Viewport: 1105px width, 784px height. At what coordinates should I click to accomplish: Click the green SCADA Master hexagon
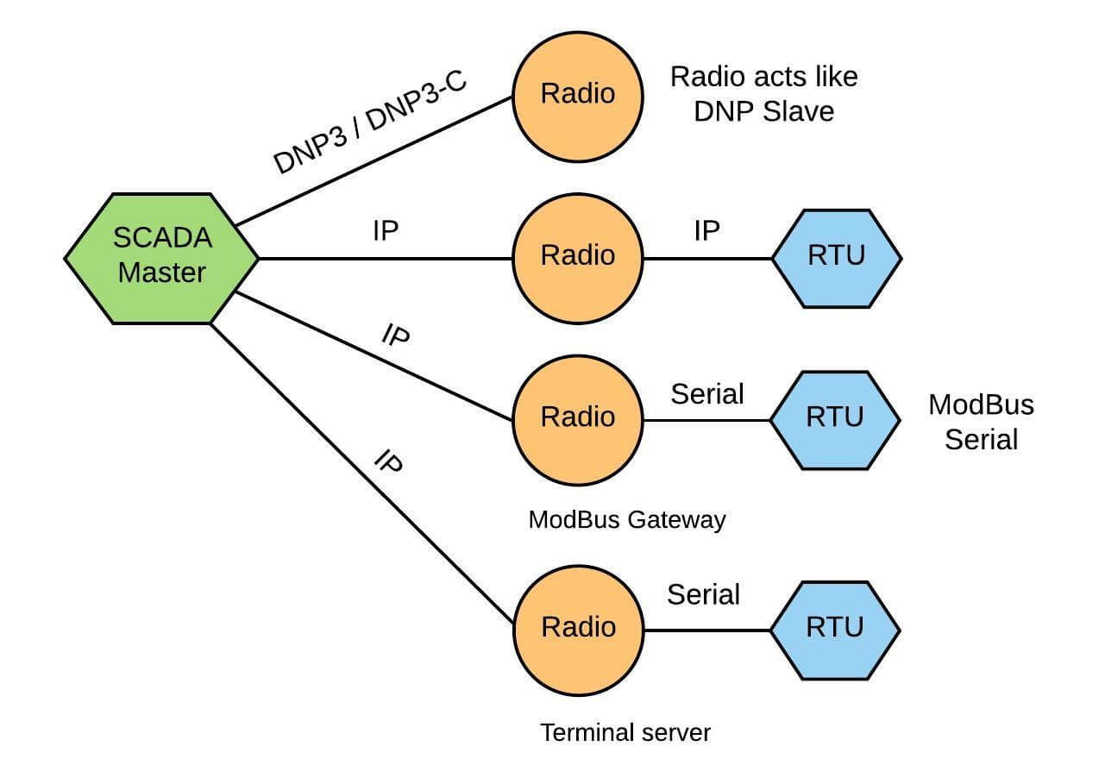161,258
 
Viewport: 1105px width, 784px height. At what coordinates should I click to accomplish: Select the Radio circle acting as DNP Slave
578,94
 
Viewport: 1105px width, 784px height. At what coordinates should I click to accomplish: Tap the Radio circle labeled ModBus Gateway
578,418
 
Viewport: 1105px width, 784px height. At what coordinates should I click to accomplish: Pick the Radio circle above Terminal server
578,628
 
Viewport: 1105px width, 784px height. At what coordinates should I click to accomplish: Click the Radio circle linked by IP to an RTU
578,256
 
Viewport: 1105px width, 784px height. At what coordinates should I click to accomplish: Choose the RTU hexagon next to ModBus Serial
835,419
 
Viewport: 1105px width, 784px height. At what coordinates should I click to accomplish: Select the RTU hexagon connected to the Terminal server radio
835,629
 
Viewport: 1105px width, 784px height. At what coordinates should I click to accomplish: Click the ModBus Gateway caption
627,519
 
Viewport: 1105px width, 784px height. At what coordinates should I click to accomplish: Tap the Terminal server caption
625,733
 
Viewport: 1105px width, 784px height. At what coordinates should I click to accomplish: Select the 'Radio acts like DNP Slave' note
764,93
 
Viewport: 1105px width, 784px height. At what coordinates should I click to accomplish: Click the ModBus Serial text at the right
981,422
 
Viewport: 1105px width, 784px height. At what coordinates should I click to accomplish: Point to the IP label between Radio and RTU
706,231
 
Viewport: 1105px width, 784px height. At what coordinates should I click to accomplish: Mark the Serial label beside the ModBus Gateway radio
706,393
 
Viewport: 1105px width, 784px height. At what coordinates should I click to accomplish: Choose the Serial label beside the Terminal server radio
703,594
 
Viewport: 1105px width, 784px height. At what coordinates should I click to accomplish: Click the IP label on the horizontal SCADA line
385,231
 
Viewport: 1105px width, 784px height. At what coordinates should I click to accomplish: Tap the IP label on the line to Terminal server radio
389,462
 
